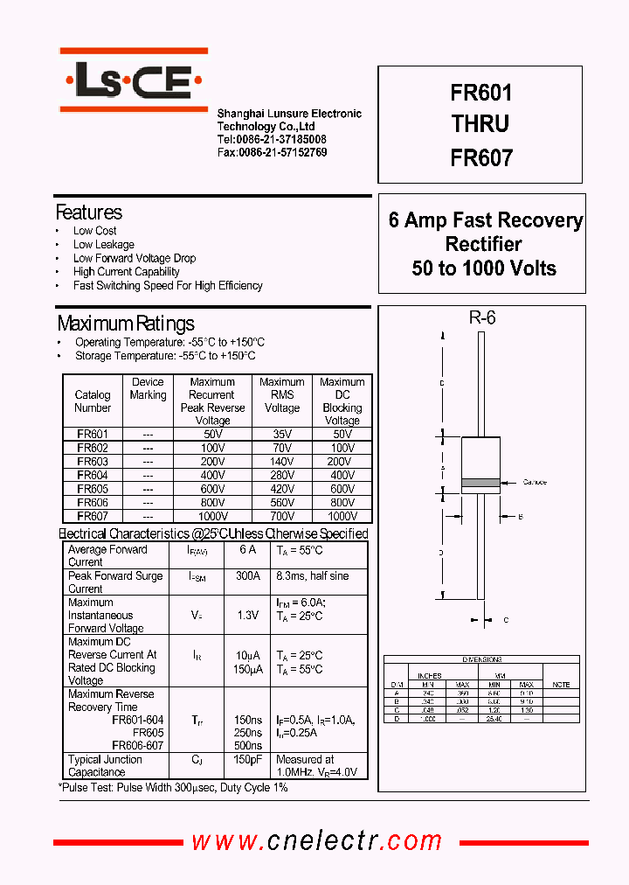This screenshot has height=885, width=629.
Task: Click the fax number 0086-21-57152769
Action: [272, 152]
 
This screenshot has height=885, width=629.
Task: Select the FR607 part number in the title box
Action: [480, 157]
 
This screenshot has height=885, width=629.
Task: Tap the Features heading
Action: [88, 213]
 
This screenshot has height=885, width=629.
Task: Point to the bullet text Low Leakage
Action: [103, 245]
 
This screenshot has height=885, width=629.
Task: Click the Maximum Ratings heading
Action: [125, 324]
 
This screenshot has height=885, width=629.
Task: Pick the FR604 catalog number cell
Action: [93, 475]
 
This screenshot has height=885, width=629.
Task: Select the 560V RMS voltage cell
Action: [281, 503]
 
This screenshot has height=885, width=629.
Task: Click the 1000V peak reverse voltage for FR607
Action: [211, 516]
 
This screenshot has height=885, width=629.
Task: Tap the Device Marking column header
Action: [148, 388]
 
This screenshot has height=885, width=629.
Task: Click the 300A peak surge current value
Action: [247, 576]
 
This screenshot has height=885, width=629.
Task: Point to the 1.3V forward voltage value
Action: [247, 616]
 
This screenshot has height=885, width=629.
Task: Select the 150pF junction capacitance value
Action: [247, 760]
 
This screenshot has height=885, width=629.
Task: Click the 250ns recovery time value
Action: [247, 733]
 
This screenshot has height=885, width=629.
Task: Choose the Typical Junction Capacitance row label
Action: [105, 766]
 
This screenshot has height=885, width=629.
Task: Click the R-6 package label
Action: [481, 318]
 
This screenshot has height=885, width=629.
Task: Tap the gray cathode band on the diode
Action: [480, 482]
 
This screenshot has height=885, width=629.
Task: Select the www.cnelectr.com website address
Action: [317, 841]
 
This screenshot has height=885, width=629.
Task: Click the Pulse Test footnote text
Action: [173, 788]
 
